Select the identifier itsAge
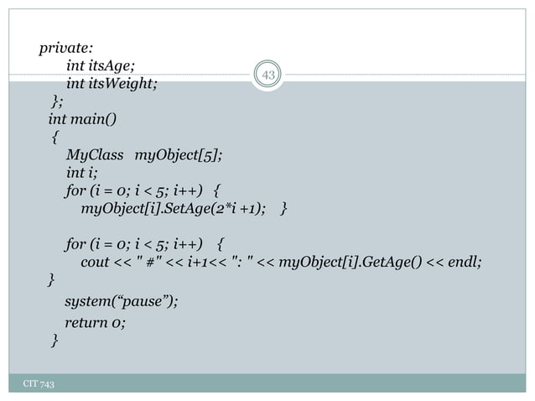113,66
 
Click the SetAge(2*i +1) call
215,207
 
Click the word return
86,322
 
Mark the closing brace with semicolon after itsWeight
55,102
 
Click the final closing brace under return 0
55,340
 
